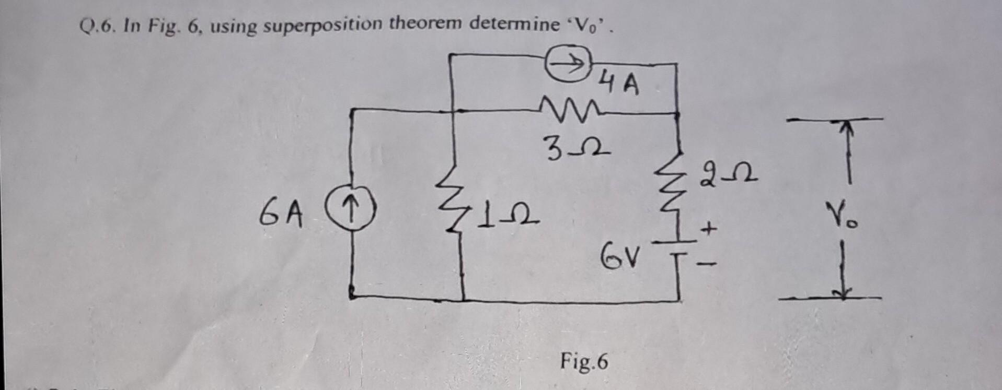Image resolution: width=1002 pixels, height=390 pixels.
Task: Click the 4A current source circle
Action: [566, 64]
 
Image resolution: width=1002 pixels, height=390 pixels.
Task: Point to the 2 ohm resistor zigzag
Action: [678, 187]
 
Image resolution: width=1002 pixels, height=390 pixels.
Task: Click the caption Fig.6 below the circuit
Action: [584, 361]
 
